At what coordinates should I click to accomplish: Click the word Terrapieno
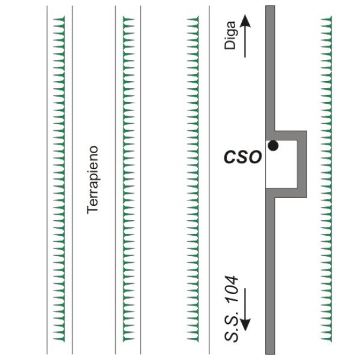93,180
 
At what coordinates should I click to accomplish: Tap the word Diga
230,35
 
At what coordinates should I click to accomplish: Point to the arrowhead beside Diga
245,22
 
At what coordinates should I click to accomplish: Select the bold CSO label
243,157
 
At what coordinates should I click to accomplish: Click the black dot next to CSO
273,146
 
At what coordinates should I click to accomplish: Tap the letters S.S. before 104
231,326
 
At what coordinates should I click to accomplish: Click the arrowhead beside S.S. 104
245,325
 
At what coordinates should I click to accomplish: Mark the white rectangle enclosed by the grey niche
281,164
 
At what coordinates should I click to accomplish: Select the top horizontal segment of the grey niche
290,136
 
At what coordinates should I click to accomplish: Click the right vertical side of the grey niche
302,164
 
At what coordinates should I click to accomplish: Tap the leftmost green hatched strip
59,179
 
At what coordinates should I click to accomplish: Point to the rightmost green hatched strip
326,179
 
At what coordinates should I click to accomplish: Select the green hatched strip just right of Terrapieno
128,179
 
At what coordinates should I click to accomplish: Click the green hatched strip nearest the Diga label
193,179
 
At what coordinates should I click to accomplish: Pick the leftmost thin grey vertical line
47,180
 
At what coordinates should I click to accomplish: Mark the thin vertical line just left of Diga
209,180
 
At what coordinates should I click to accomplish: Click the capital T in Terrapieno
92,209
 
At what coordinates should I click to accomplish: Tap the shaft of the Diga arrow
245,43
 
